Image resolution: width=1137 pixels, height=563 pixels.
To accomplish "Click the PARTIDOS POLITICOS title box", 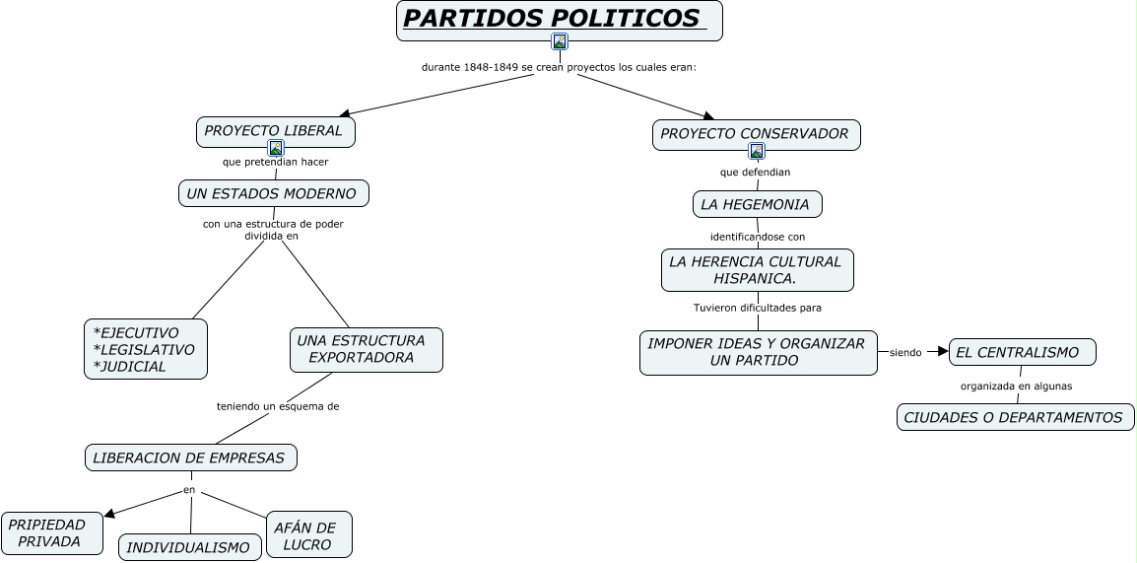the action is [559, 20].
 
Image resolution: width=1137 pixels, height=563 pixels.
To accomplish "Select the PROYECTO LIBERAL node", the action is [274, 130].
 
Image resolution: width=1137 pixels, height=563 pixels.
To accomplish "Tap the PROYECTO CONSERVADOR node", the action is [756, 134].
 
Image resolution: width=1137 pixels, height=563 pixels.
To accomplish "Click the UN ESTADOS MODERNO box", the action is [273, 193].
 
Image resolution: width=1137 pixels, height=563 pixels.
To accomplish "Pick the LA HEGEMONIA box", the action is [756, 205].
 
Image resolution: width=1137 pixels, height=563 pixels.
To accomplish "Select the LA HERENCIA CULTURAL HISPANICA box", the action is [756, 270].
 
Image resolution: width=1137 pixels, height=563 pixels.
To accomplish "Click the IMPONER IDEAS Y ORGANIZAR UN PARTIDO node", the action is [757, 352].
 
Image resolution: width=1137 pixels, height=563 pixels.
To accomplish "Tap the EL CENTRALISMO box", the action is [1022, 352].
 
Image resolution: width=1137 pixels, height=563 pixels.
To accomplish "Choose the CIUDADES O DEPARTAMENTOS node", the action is [1015, 417].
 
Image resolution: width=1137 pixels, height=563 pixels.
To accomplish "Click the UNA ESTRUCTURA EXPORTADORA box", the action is [366, 349].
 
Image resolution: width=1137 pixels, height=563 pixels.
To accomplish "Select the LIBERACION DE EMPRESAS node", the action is [190, 457].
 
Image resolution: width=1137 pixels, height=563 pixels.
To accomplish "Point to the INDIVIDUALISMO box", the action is [190, 547].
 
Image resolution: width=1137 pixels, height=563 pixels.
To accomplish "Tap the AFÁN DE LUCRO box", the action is [308, 535].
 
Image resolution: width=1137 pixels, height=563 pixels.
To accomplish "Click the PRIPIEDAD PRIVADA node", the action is [51, 532].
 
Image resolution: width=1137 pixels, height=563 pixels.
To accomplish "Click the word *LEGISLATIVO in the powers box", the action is [144, 349].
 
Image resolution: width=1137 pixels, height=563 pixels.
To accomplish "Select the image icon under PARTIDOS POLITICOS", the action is [560, 41].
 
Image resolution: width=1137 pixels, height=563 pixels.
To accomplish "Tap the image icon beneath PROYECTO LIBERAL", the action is [276, 148].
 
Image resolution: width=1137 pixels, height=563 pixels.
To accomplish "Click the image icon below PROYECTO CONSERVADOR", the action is [757, 151].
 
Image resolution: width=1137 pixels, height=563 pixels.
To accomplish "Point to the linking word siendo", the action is [905, 352].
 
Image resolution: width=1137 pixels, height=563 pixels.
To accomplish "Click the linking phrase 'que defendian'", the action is [755, 172].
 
